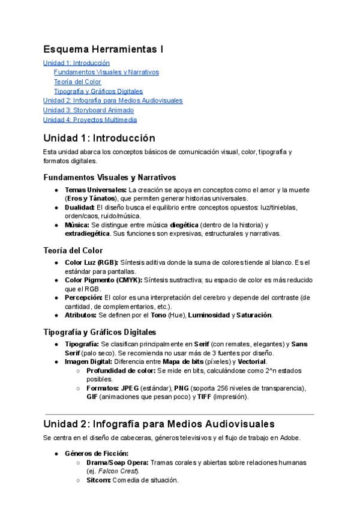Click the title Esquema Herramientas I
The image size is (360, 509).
coord(103,49)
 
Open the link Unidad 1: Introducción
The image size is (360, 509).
coord(76,62)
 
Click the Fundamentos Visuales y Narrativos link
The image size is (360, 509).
coord(106,72)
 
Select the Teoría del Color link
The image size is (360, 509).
coord(77,82)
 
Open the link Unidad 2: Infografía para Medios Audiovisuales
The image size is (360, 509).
coord(113,100)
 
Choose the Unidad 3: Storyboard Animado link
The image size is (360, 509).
coord(88,110)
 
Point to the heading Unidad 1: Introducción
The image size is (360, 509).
coord(99,138)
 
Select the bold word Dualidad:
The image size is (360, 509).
coord(80,207)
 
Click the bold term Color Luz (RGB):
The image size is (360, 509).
coord(92,262)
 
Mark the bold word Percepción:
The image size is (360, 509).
coord(83,297)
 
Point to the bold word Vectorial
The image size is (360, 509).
coord(252,362)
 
